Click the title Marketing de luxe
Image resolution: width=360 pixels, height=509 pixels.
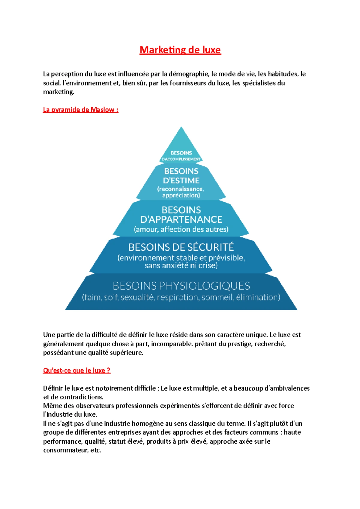pyautogui.click(x=180, y=50)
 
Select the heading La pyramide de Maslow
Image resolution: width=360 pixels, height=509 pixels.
pyautogui.click(x=80, y=110)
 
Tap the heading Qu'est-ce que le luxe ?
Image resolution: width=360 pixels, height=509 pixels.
pyautogui.click(x=76, y=371)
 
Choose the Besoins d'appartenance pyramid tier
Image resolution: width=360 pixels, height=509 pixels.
pyautogui.click(x=181, y=219)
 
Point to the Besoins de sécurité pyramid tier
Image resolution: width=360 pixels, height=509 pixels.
pyautogui.click(x=181, y=255)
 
